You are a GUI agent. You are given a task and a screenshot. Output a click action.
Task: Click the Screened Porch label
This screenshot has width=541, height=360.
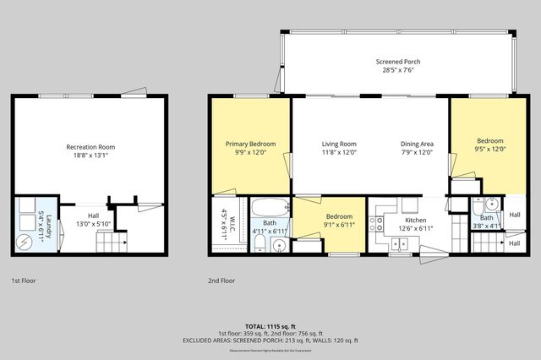point(397,63)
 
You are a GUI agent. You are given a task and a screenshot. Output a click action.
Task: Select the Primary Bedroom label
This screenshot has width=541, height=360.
point(249,144)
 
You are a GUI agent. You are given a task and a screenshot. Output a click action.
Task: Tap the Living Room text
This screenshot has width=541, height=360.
point(338,144)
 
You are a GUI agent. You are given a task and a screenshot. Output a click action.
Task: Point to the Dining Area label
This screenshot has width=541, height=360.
point(417,144)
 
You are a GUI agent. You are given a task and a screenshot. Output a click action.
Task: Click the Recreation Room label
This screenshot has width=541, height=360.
point(90,147)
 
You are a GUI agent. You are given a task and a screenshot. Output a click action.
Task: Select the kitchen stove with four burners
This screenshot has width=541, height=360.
point(378,224)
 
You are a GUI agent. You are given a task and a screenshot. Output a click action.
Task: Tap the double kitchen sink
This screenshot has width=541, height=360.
point(397,243)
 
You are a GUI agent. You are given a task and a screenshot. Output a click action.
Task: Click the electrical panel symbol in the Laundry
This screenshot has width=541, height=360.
point(25,242)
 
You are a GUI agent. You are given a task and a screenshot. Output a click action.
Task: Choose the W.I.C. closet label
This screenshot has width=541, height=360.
point(223,221)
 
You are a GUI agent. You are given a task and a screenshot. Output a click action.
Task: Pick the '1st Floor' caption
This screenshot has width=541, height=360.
point(24,280)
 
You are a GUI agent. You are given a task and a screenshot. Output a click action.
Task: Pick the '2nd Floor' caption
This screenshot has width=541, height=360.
point(221,280)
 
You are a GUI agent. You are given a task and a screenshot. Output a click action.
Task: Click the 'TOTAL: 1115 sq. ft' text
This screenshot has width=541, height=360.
point(270,325)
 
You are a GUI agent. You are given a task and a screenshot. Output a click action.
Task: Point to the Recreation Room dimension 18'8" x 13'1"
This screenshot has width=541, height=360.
point(90,156)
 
